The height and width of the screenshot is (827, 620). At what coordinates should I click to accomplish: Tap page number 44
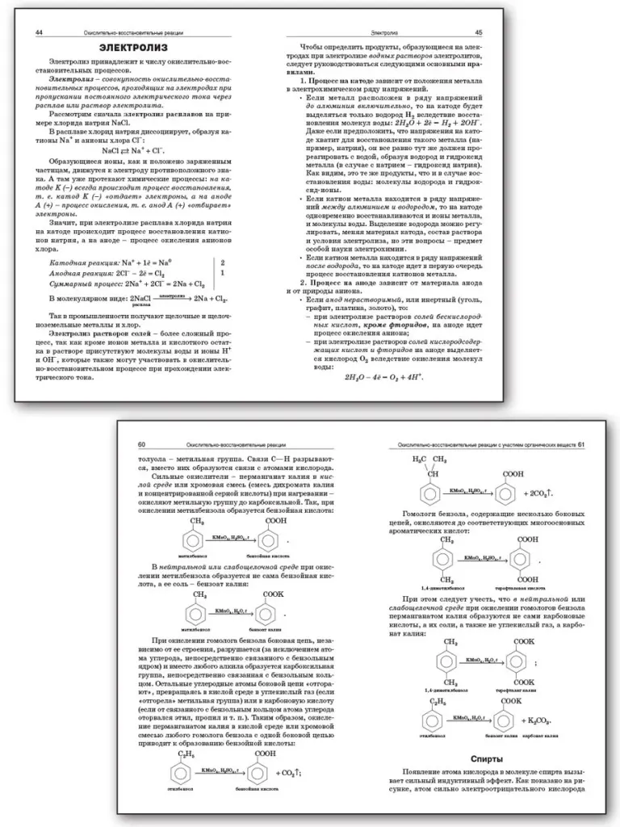[x=39, y=31]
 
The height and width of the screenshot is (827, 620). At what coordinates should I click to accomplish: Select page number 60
[x=142, y=444]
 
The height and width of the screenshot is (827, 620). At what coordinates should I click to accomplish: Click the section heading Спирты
[x=487, y=758]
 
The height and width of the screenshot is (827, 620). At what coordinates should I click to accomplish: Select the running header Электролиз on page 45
[x=383, y=32]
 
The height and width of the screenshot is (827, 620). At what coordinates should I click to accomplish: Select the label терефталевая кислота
[x=530, y=590]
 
